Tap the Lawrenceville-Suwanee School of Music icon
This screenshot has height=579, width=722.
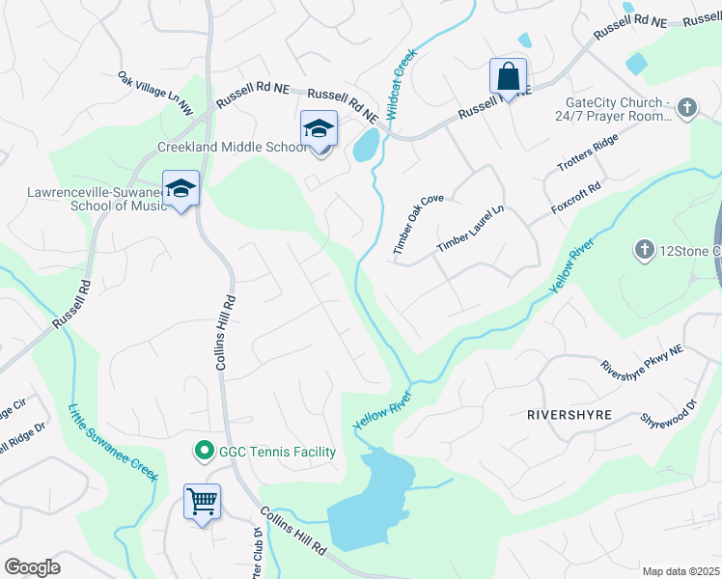tap(180, 188)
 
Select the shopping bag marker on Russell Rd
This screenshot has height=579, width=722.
tap(508, 76)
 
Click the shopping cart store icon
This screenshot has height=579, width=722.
tap(203, 502)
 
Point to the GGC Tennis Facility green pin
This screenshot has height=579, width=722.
tap(204, 451)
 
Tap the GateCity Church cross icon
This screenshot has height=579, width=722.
tap(687, 108)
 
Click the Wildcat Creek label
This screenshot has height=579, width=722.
tap(403, 84)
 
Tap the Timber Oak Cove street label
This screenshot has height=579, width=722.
tap(418, 225)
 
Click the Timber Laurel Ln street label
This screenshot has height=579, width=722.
tap(470, 230)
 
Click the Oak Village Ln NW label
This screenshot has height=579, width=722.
tap(155, 94)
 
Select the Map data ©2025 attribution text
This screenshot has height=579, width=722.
tap(680, 571)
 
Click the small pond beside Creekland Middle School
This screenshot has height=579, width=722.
tap(367, 146)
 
